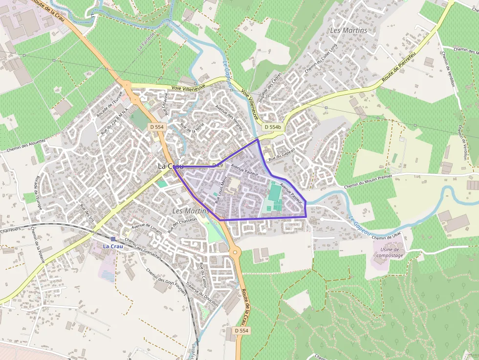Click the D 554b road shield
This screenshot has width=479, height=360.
point(273,127)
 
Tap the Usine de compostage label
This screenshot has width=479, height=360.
point(390,253)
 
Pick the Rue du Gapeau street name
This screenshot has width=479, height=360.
point(282,153)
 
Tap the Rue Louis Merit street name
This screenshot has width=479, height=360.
point(221,191)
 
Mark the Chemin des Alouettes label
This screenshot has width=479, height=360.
point(26,146)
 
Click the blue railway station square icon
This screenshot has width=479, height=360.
point(113,239)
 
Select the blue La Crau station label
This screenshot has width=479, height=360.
point(113,246)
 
